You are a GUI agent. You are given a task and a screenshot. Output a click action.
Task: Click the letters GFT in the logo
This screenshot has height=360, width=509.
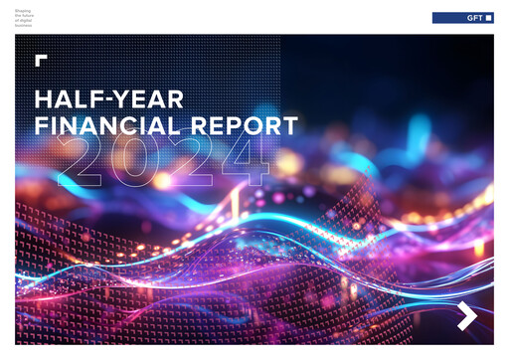point(474,18)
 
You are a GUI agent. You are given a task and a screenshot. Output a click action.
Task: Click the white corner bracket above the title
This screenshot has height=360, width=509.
point(41,61)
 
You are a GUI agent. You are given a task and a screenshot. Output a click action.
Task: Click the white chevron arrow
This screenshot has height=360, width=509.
point(467,317)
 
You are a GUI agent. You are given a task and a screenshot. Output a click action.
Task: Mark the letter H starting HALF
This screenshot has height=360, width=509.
point(44,100)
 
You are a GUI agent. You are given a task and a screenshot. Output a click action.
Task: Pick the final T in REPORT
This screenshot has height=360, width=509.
point(289,126)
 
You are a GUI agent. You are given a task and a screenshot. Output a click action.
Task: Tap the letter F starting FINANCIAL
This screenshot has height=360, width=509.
point(42,126)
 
